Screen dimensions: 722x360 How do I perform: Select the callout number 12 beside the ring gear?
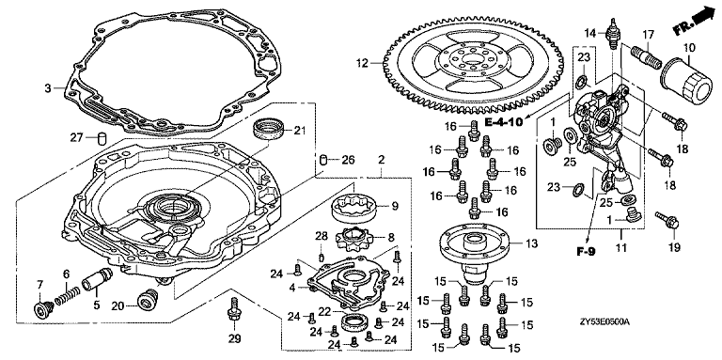(363, 63)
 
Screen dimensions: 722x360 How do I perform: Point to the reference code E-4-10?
(504, 122)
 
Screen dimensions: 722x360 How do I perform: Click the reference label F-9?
(587, 251)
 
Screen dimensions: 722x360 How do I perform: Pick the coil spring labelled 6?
(68, 297)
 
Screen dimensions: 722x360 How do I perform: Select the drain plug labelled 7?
(43, 310)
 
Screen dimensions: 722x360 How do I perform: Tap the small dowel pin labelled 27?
(102, 137)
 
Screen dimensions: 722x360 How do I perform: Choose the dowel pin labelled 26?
(323, 160)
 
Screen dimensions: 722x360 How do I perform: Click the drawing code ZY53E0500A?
(605, 321)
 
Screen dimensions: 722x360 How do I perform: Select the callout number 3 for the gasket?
(48, 88)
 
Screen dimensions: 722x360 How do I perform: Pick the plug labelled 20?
(148, 300)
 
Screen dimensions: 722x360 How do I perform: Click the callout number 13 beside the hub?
(531, 243)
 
